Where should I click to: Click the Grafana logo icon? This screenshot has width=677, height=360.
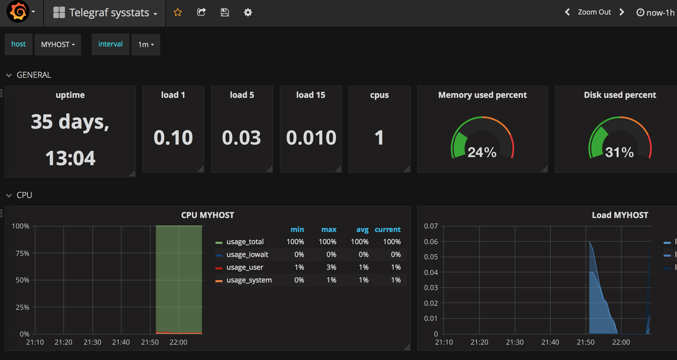tap(18, 12)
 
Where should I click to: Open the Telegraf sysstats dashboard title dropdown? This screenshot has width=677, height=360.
tap(109, 13)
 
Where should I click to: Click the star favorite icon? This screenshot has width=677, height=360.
tap(178, 12)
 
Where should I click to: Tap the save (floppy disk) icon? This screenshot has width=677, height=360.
tap(225, 12)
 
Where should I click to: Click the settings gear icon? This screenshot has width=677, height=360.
tap(248, 12)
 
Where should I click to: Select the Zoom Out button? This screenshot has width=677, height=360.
tap(594, 12)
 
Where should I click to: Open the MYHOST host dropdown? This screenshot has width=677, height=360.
tap(58, 44)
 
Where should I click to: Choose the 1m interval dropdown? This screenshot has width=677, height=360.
tap(146, 44)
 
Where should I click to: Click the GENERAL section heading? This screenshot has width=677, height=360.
tap(34, 75)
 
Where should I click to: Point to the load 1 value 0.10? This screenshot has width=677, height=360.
tap(173, 138)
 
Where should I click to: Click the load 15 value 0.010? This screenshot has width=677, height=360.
tap(311, 138)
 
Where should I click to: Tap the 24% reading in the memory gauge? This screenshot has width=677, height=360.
tap(482, 152)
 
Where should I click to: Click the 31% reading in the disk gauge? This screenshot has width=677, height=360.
tap(619, 152)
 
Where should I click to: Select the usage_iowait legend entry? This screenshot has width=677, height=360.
tap(247, 255)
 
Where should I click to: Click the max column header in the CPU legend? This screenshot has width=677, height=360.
tap(329, 230)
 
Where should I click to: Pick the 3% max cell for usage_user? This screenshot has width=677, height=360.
tap(331, 267)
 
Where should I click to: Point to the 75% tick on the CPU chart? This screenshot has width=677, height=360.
tap(22, 253)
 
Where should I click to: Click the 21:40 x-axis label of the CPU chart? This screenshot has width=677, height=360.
tap(121, 342)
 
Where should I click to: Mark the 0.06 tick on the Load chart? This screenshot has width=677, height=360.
tap(431, 242)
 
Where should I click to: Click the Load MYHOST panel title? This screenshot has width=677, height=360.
tap(620, 215)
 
